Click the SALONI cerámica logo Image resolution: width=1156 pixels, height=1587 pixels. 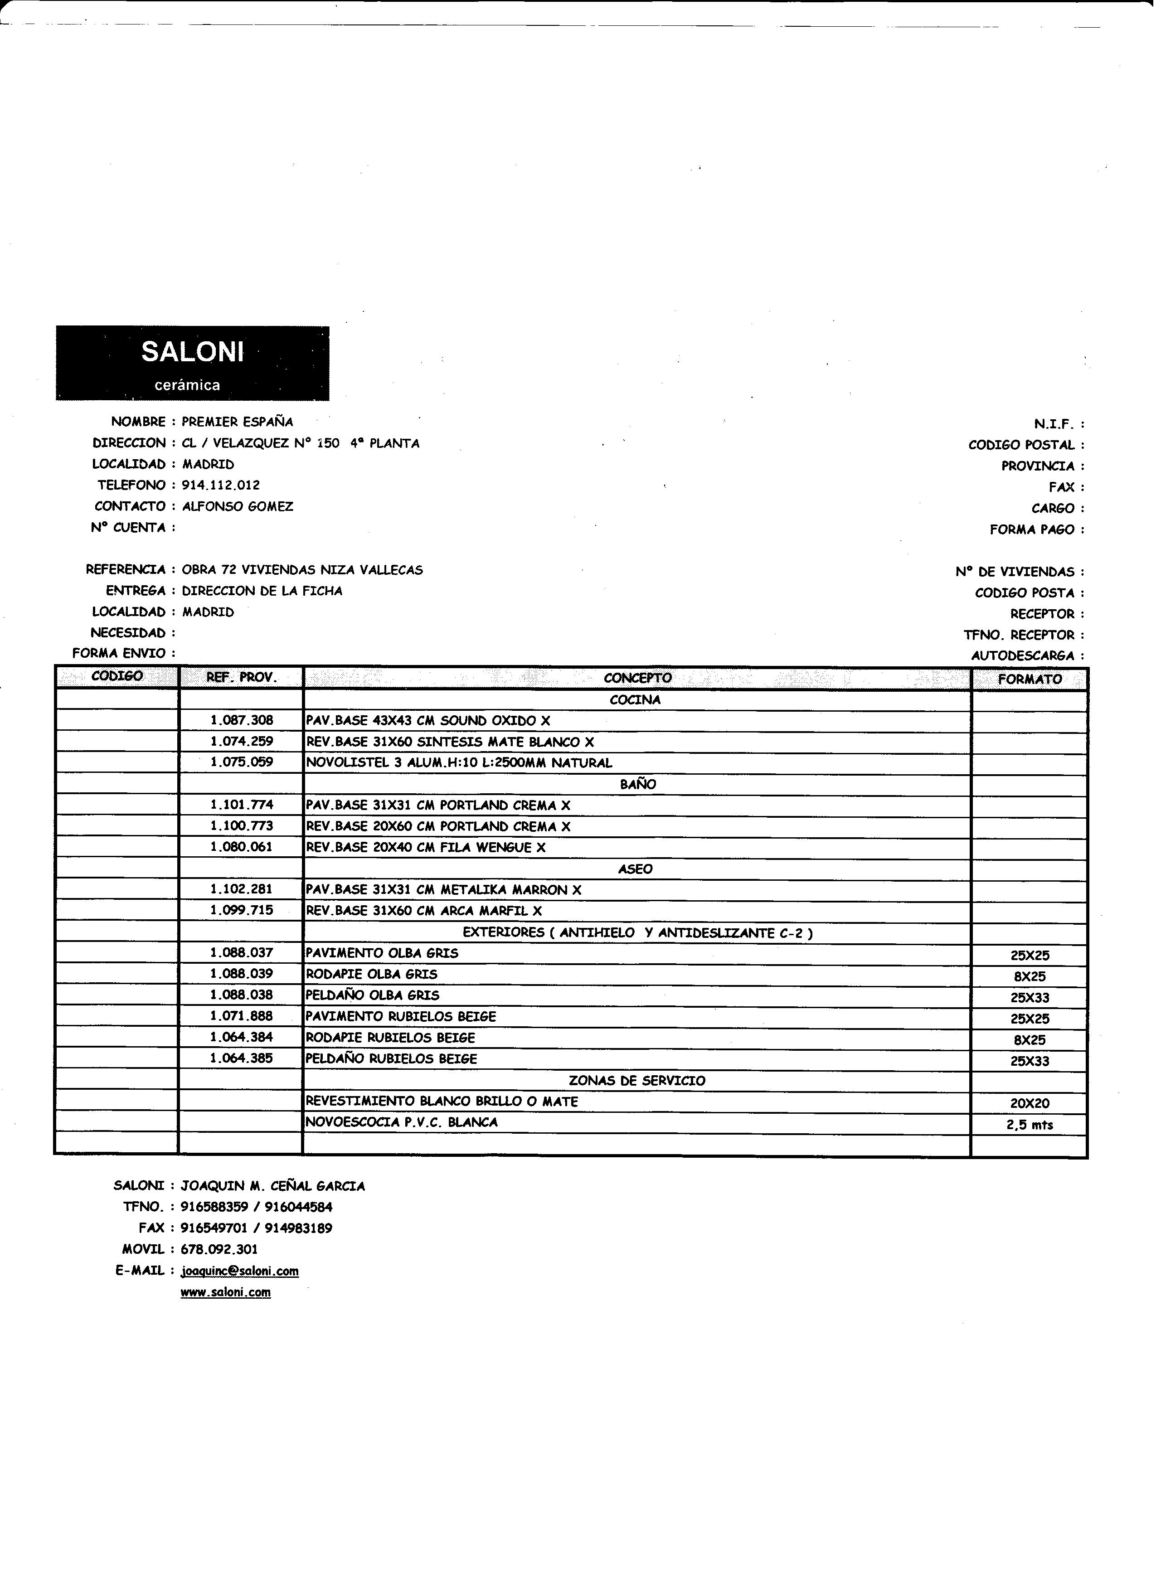pos(192,363)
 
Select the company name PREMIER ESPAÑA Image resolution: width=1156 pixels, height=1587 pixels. pos(237,422)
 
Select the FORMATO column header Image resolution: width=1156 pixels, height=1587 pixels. pos(1030,679)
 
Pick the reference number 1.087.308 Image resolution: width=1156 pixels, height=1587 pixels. pos(242,720)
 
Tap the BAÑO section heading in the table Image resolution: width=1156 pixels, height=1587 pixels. pos(637,784)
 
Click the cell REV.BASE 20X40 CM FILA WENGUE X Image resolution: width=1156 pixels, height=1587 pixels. pos(425,847)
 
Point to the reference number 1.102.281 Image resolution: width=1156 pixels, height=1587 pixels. pos(242,889)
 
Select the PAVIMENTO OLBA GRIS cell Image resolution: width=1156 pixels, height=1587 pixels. pos(382,953)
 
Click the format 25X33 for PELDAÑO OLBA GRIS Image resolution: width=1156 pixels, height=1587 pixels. pos(1030,998)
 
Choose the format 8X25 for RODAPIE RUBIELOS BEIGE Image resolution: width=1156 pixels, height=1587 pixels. pos(1030,1040)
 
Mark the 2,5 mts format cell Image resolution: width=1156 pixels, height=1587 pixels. pos(1030,1125)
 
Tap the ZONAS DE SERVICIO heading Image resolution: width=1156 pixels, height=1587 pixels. pos(637,1080)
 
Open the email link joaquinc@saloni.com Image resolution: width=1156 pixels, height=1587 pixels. pos(239,1271)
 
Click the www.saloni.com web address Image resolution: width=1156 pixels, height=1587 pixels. pos(225,1292)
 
